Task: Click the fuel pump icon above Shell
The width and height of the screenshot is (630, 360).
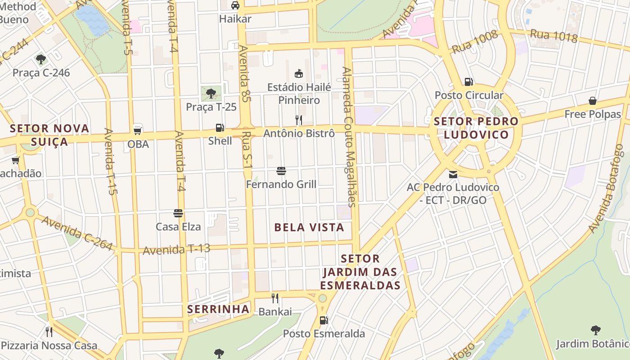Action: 220,128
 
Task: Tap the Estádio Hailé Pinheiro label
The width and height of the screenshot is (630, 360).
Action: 299,94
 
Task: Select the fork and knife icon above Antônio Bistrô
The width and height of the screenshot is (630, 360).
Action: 298,120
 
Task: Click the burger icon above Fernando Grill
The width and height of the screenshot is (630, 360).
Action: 281,171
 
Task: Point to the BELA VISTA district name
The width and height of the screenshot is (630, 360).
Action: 309,228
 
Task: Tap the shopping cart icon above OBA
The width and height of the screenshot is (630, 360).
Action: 138,131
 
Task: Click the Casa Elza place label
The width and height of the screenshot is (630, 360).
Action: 178,227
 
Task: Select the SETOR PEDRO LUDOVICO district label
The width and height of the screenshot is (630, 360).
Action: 476,128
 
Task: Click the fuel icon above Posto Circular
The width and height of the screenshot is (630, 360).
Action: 468,82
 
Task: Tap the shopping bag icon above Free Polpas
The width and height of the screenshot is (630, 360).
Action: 593,101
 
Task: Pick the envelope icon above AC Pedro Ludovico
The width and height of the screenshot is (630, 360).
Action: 453,174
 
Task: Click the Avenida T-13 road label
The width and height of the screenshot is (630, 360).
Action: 176,249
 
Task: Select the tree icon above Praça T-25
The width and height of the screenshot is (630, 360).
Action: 211,94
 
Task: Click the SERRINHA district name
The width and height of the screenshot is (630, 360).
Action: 218,309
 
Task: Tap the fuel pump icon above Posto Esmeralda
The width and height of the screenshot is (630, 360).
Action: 324,320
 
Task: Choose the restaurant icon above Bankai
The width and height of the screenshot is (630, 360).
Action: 275,298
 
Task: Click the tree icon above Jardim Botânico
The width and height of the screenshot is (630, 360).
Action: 595,330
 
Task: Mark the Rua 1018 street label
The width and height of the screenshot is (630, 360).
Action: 553,36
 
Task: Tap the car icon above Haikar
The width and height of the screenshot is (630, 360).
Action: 235,5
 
